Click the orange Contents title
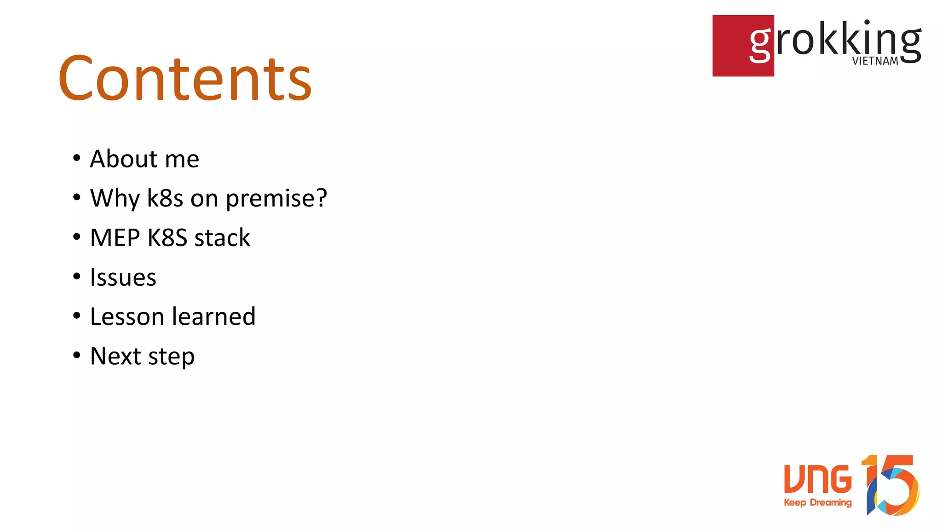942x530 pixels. pyautogui.click(x=185, y=78)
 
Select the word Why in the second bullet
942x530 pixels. pyautogui.click(x=115, y=199)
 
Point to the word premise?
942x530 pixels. pyautogui.click(x=276, y=199)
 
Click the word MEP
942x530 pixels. pyautogui.click(x=115, y=238)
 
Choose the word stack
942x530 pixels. pyautogui.click(x=222, y=238)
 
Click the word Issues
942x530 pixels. pyautogui.click(x=123, y=277)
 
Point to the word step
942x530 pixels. pyautogui.click(x=172, y=357)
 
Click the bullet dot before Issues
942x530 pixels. pyautogui.click(x=77, y=277)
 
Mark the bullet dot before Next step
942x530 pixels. pyautogui.click(x=77, y=355)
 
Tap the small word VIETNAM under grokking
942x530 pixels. pyautogui.click(x=875, y=61)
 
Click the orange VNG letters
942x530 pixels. pyautogui.click(x=818, y=478)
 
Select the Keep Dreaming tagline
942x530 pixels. pyautogui.click(x=817, y=502)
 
